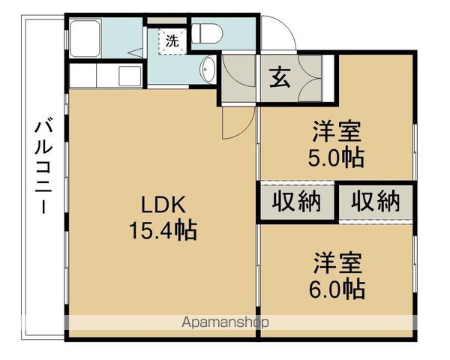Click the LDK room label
click(x=163, y=205)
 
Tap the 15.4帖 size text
click(x=163, y=230)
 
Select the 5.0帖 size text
click(x=336, y=157)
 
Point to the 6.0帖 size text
click(x=337, y=289)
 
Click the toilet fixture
click(x=207, y=34)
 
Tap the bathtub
click(x=85, y=38)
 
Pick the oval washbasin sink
click(x=208, y=69)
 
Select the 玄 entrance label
click(x=279, y=77)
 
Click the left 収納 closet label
click(x=296, y=202)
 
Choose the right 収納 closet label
click(x=376, y=202)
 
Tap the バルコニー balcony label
click(x=43, y=164)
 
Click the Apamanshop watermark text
click(x=225, y=322)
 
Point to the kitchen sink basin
click(x=130, y=76)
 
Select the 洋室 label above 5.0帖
click(x=336, y=131)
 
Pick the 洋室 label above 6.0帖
click(x=337, y=263)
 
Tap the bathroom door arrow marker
click(x=135, y=52)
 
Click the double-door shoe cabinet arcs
click(x=310, y=78)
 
